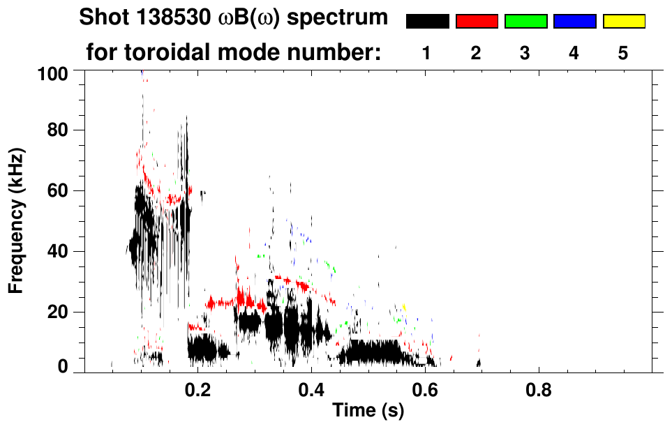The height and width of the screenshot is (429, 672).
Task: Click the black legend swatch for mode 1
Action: coord(428,22)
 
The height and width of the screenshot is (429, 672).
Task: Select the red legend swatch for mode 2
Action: coord(477,22)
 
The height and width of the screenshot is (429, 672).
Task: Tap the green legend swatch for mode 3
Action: coord(525,22)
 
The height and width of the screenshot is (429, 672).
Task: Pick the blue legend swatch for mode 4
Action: coord(574,22)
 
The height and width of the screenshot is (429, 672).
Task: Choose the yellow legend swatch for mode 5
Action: coord(623,22)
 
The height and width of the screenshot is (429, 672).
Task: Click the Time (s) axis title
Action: coord(367,411)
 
